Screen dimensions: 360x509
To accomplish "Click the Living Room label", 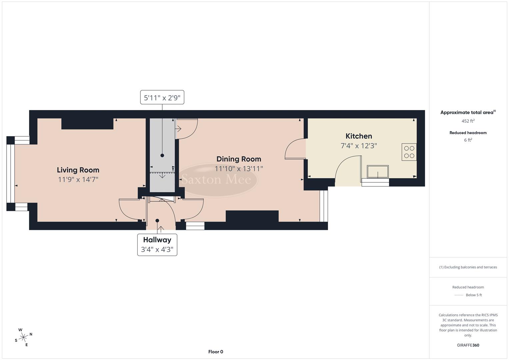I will click(78, 170).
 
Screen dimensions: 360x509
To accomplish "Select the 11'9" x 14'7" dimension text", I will click(78, 180).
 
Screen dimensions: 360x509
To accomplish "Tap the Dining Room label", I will click(239, 159).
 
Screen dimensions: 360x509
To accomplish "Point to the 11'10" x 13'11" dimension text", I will click(239, 169).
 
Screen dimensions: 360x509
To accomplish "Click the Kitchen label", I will click(359, 136).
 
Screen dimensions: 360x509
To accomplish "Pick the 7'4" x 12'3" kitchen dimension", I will click(359, 146).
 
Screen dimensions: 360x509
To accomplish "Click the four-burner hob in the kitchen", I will click(409, 152).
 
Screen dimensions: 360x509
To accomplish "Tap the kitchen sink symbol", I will click(378, 172).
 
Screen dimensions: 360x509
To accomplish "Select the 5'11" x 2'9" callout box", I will click(162, 98).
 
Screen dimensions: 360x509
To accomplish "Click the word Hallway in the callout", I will click(157, 240).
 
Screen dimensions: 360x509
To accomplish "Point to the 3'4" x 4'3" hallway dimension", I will click(157, 249).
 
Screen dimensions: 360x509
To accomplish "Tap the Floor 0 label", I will click(216, 352).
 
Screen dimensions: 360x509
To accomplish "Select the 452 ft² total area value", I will click(468, 121).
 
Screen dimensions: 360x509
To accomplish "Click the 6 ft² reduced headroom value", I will click(468, 140).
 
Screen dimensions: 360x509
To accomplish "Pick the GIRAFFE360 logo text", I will click(468, 345).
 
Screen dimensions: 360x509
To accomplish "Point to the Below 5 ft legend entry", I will click(473, 295).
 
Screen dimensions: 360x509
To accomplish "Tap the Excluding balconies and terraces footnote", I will click(468, 267).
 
